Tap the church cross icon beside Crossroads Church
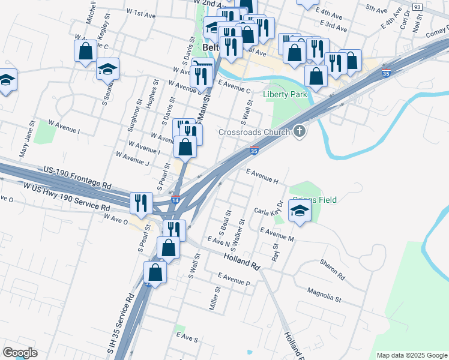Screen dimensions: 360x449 300,131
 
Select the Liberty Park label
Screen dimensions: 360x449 285,95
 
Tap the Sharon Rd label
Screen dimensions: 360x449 332,269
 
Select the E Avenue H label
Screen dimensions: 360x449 262,175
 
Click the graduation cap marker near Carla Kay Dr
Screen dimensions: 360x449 300,211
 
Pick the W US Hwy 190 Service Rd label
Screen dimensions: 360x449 67,197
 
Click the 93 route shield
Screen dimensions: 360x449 417,7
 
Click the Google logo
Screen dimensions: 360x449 20,353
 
